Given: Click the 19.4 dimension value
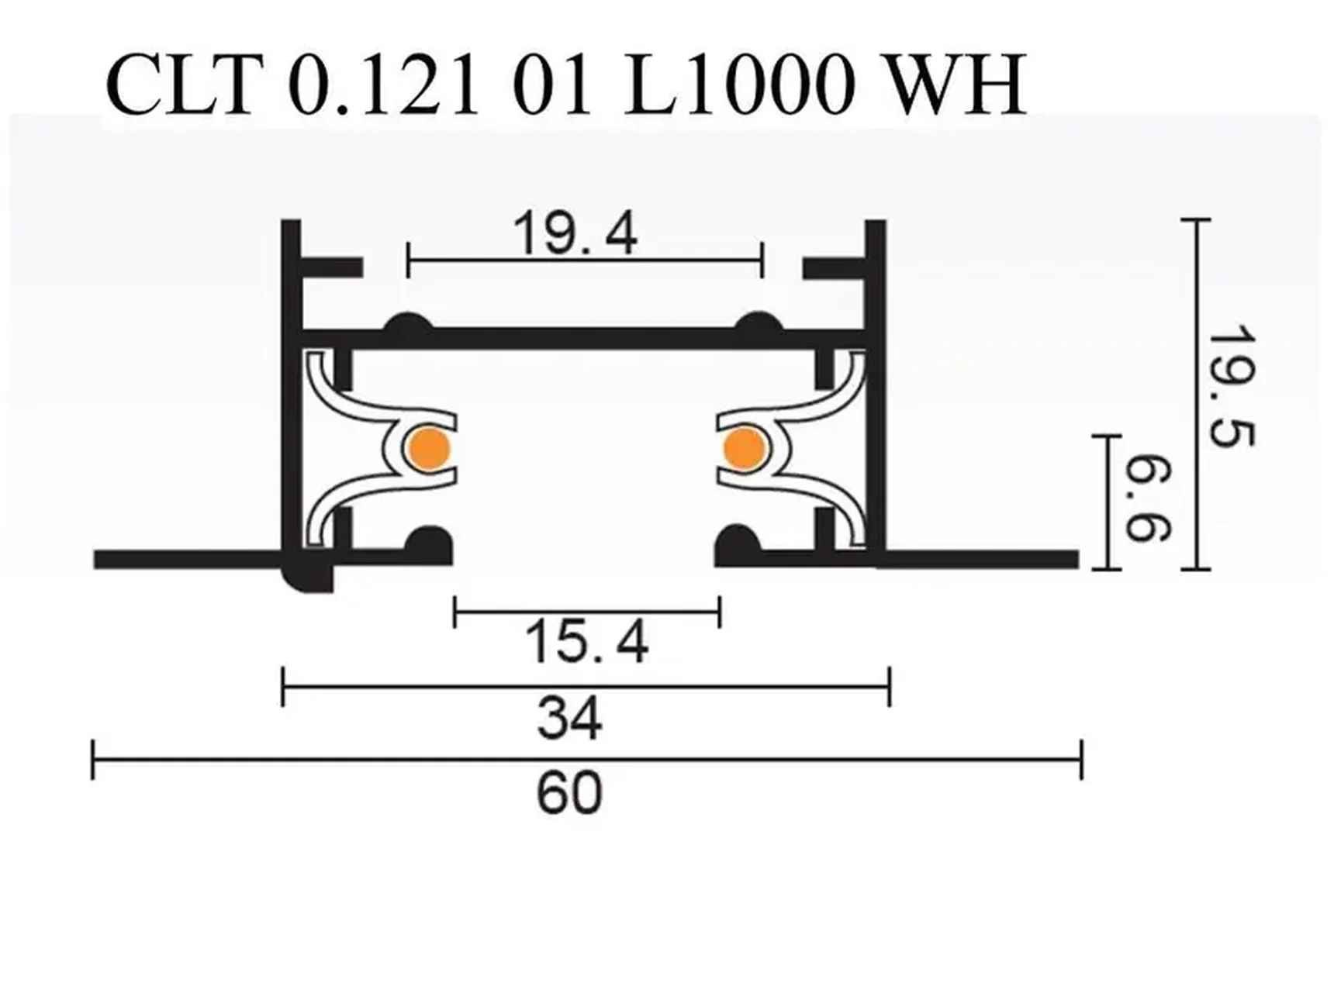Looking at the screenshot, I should [575, 233].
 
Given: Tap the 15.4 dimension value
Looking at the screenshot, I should [586, 643].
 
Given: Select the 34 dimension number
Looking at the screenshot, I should [569, 719].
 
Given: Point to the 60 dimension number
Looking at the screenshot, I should [569, 793].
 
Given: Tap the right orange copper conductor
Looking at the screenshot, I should [745, 448].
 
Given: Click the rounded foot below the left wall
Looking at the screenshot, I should [308, 578].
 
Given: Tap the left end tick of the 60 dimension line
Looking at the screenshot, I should [93, 760].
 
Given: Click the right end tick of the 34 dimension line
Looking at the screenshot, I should [890, 686].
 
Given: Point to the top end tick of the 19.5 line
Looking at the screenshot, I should [1196, 221].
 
